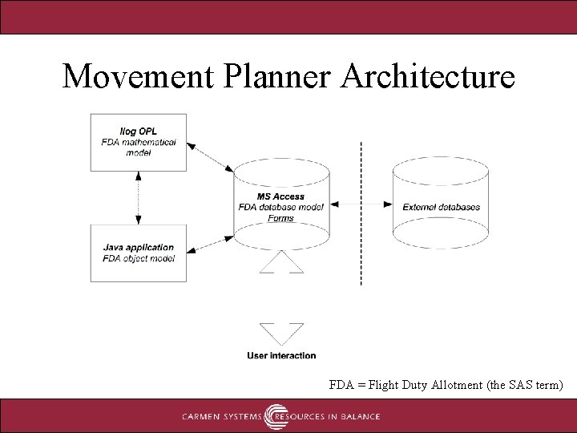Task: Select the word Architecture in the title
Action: click(x=428, y=76)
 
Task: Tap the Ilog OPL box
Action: click(x=139, y=142)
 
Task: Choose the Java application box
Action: click(x=139, y=253)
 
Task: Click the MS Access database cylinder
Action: click(x=281, y=206)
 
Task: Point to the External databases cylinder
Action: click(x=441, y=206)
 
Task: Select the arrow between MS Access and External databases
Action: click(x=361, y=205)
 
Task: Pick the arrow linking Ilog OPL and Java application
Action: click(x=139, y=197)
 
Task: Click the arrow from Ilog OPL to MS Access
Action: click(x=210, y=157)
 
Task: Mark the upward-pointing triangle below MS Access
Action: click(x=281, y=263)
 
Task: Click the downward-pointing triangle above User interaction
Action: click(x=282, y=333)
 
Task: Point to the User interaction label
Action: click(x=281, y=355)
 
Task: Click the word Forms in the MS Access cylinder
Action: click(x=281, y=218)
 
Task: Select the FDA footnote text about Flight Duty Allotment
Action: click(x=446, y=385)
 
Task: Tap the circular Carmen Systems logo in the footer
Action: click(x=276, y=416)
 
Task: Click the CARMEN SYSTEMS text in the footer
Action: click(x=222, y=417)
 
